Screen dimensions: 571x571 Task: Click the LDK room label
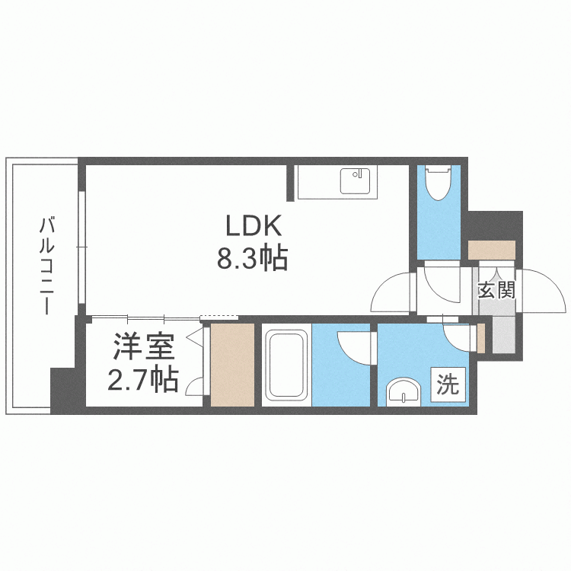pos(254,226)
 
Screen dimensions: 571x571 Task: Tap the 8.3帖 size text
pos(252,258)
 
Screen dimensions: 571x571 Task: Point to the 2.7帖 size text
pos(143,379)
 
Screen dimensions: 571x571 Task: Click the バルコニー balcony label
pos(46,265)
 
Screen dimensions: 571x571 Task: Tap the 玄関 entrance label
pos(496,290)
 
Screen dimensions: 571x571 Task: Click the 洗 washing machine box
pos(448,384)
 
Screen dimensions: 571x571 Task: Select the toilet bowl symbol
pos(439,183)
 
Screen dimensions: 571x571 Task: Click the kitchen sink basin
pos(355,181)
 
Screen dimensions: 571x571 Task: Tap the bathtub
pos(286,365)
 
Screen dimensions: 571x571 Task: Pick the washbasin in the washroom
pos(403,391)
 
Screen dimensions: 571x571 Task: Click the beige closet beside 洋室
pos(232,365)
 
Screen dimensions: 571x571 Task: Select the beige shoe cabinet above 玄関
pos(492,250)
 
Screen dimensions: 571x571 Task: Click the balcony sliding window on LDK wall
pos(82,247)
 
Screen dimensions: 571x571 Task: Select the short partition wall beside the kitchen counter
pos(290,183)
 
